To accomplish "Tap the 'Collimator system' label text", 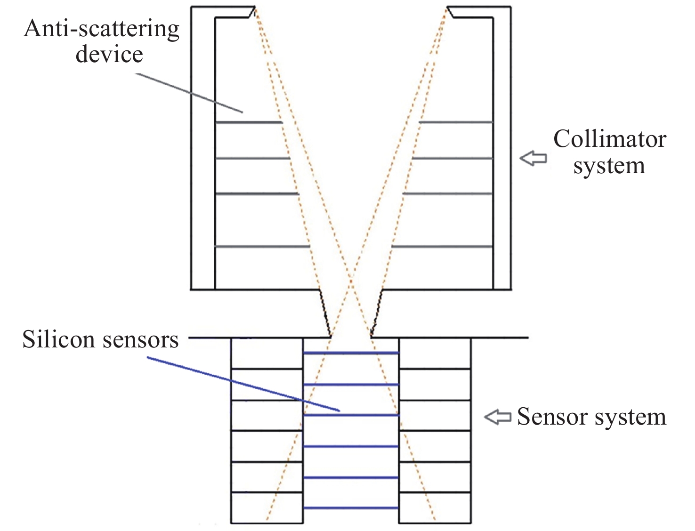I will tap(609, 152).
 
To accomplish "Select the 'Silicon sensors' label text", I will tap(100, 339).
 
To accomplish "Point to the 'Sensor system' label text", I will tap(591, 417).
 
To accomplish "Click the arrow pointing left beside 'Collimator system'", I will tap(533, 158).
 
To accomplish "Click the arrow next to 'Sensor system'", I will tap(498, 417).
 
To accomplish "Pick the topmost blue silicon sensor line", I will tap(351, 353).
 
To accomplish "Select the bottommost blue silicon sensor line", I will tap(351, 508).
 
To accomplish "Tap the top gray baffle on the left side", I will tap(249, 122).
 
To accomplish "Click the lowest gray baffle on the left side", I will tap(262, 246).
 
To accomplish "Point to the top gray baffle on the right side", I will tap(456, 122).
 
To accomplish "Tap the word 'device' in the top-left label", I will tap(109, 54).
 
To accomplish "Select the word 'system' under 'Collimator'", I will tap(609, 166).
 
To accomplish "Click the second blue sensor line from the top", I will tap(351, 385).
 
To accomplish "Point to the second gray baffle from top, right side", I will tap(452, 159).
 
